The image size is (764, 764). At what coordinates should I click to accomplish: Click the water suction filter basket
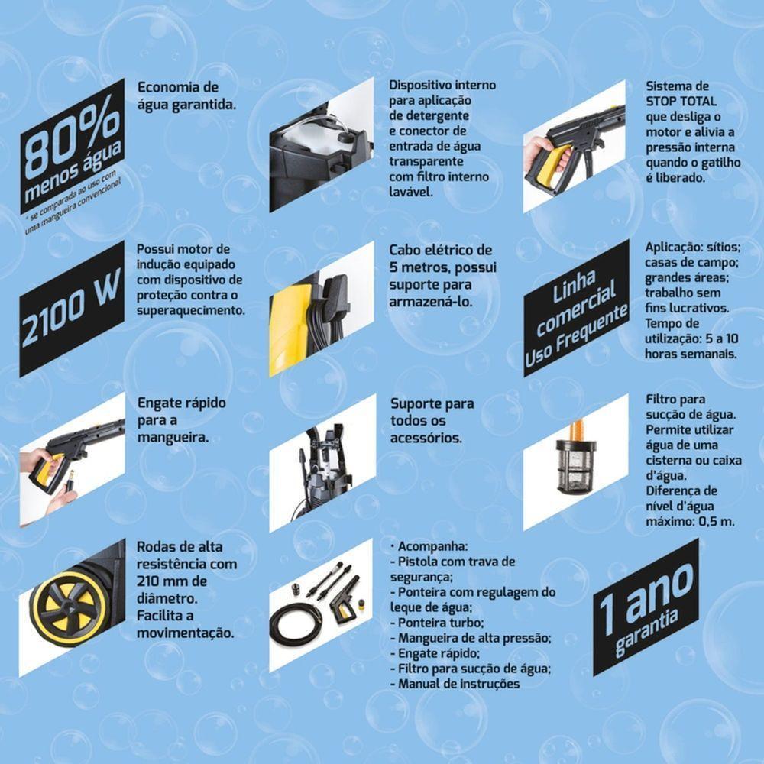[x=575, y=465]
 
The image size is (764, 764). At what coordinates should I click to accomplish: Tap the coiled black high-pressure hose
[x=298, y=623]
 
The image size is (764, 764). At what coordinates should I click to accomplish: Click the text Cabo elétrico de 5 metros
[x=442, y=259]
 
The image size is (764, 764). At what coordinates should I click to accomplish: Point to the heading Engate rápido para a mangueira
[x=180, y=420]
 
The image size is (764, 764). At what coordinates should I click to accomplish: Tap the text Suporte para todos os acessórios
[x=432, y=420]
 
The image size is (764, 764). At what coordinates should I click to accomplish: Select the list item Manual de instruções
[x=458, y=684]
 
